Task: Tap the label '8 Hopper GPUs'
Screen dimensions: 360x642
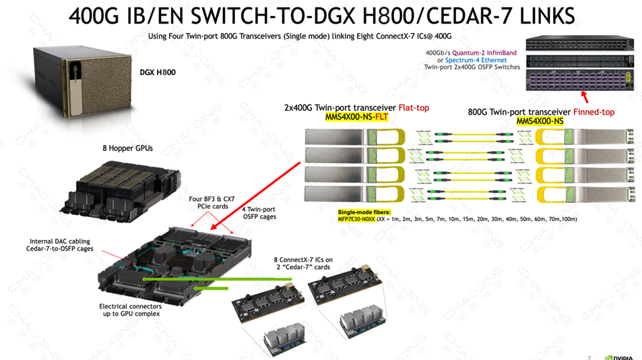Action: [x=127, y=148]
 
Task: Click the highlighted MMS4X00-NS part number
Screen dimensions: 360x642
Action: [x=540, y=121]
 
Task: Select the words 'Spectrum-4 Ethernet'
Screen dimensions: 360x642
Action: [x=474, y=59]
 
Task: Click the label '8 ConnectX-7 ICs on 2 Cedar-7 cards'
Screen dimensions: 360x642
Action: [x=304, y=263]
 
